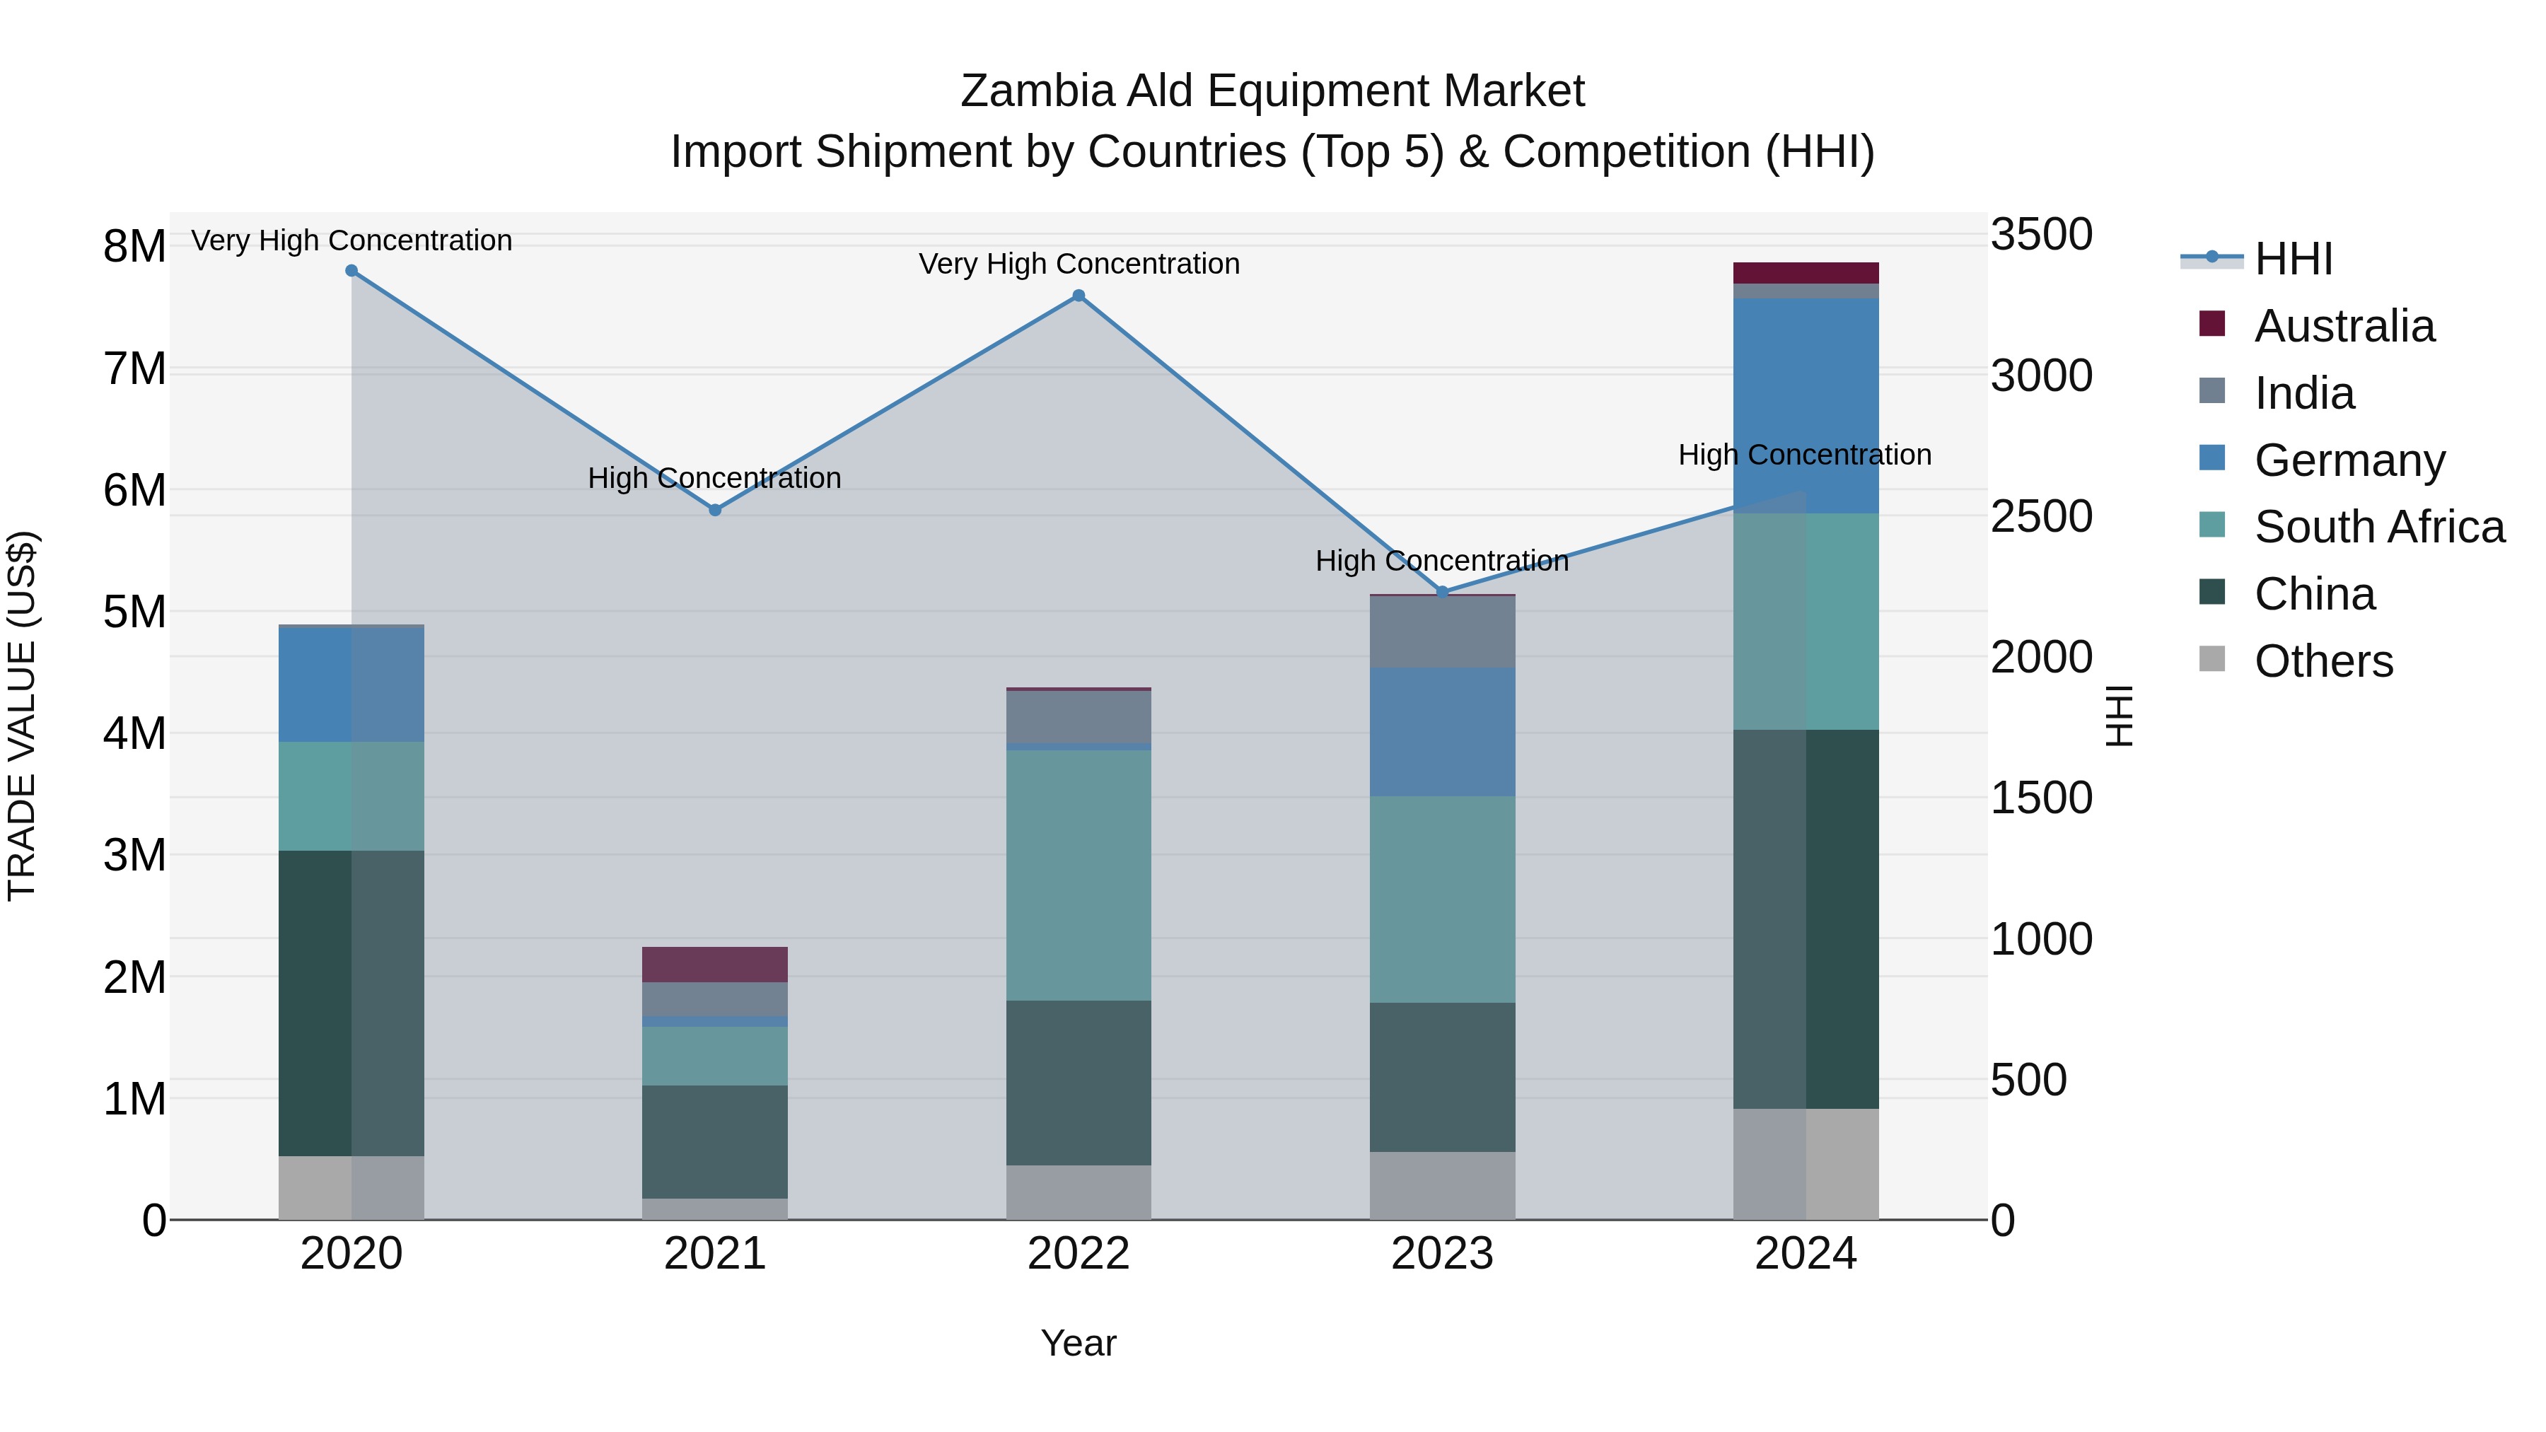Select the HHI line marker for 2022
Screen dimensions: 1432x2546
point(1079,296)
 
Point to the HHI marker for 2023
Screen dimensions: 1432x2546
point(1442,592)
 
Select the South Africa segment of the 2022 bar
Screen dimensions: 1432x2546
point(1079,875)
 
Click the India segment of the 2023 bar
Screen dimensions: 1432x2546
point(1442,631)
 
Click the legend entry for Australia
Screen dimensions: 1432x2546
point(2344,326)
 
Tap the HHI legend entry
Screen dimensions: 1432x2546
point(2293,259)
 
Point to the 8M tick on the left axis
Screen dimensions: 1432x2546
point(134,246)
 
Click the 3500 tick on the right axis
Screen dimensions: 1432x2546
point(2041,235)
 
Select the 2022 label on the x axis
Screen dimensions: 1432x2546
point(1079,1254)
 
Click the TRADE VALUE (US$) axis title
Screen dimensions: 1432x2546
point(23,716)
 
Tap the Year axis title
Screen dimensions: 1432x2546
point(1079,1343)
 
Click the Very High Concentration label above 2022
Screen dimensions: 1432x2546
point(1079,264)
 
